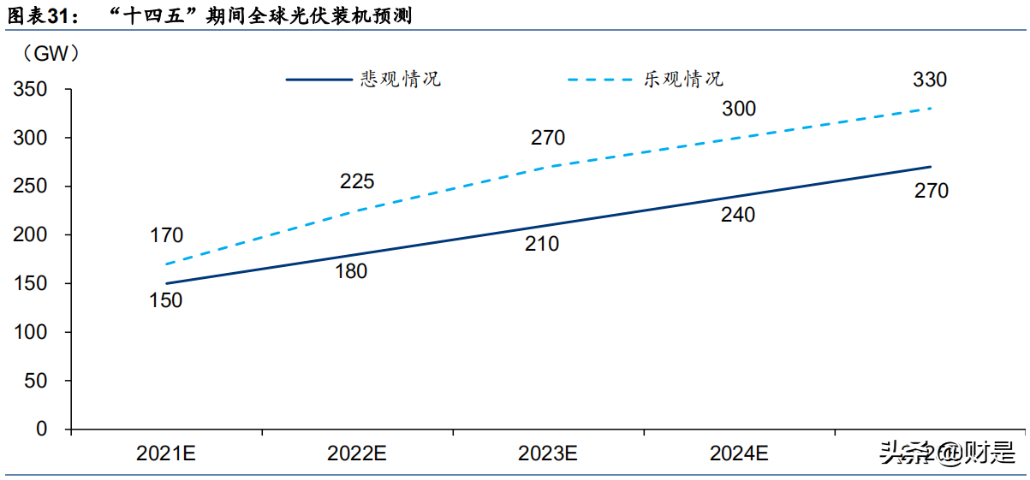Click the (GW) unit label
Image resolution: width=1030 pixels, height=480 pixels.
click(52, 54)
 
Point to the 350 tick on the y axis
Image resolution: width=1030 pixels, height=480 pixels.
click(30, 90)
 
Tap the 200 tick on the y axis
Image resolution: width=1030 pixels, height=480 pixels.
click(30, 235)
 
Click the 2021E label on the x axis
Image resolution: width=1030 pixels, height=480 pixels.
click(166, 453)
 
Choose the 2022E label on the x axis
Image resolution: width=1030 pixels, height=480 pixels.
click(357, 453)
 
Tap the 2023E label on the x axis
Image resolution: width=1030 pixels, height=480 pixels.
click(549, 453)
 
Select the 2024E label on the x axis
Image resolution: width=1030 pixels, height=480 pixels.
click(739, 453)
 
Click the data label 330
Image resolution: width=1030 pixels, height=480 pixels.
click(930, 80)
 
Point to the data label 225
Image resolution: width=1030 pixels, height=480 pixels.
click(357, 181)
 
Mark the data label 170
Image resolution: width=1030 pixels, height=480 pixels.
click(166, 234)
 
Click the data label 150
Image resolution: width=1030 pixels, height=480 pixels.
click(166, 300)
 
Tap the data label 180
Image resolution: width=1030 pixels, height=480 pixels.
click(351, 272)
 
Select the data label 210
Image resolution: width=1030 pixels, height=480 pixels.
click(542, 244)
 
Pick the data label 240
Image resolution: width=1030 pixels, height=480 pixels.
click(738, 216)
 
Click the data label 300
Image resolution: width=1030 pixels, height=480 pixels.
click(739, 109)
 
